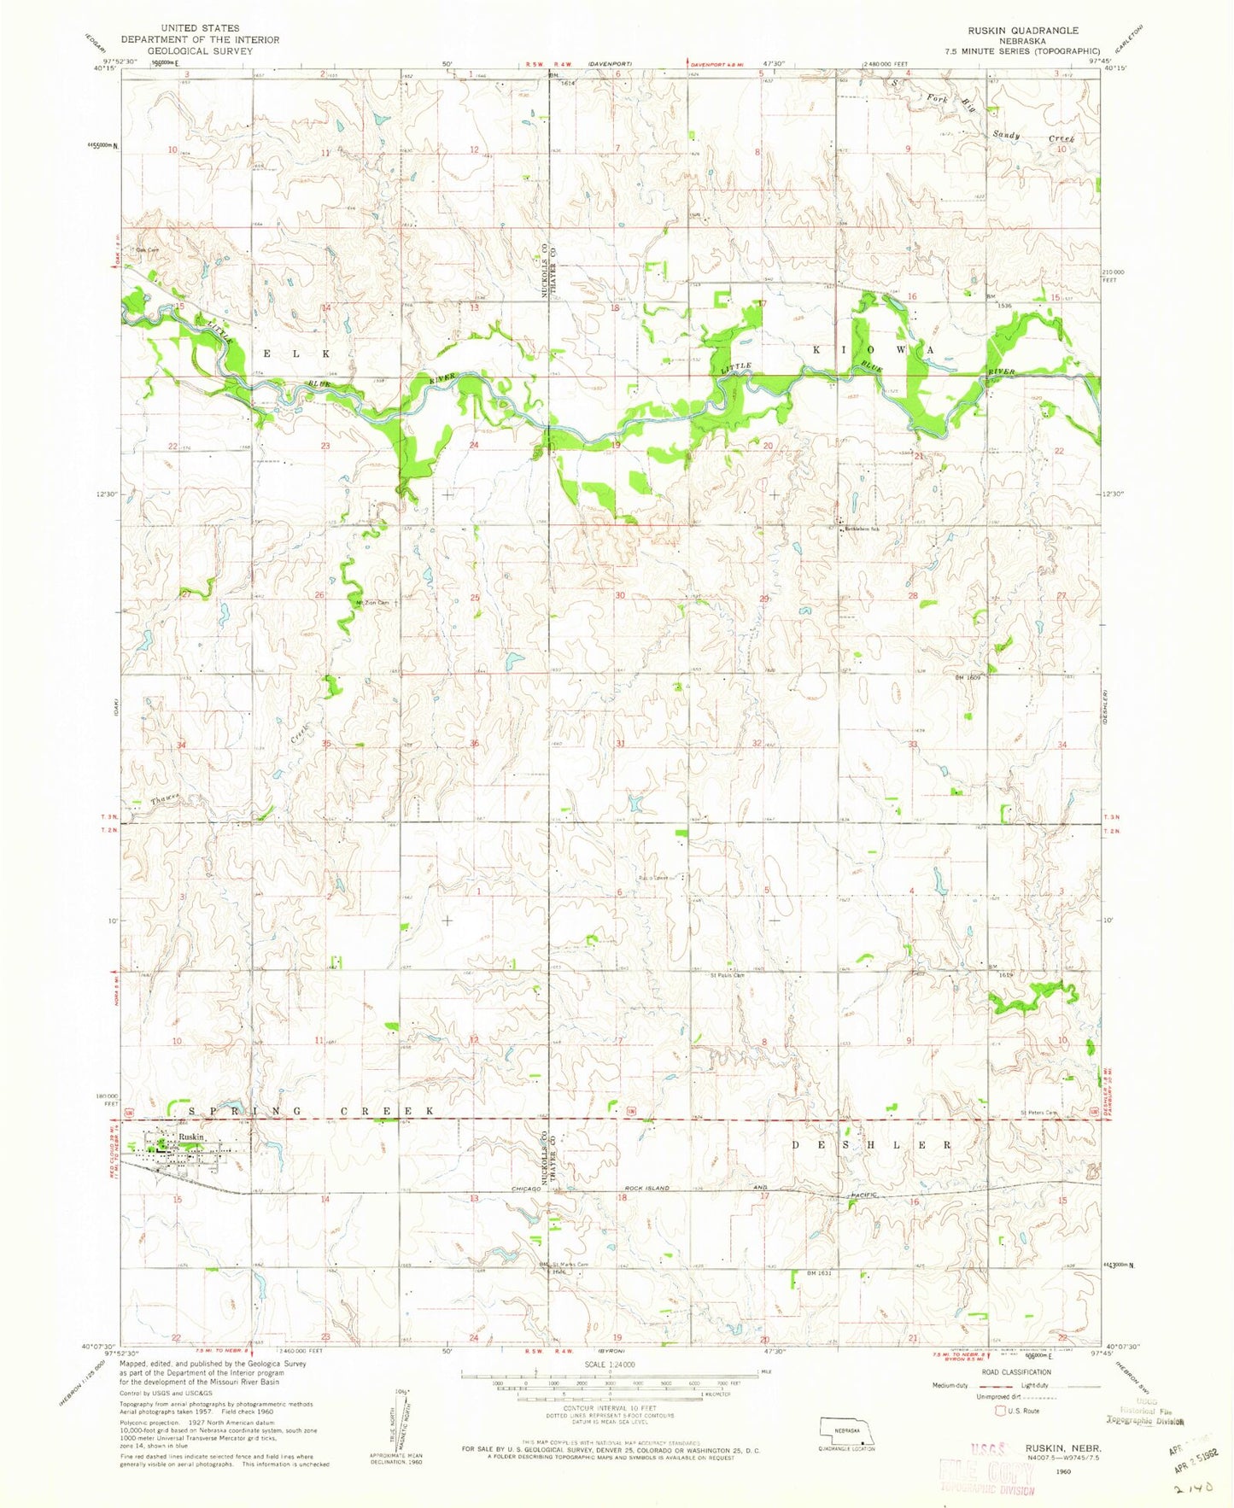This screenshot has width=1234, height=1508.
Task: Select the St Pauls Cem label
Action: coord(727,975)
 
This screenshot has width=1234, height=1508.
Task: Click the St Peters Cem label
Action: coord(1038,1112)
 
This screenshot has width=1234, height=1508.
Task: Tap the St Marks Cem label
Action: coord(570,1265)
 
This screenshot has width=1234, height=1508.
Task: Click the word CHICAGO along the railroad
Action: coord(527,1189)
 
